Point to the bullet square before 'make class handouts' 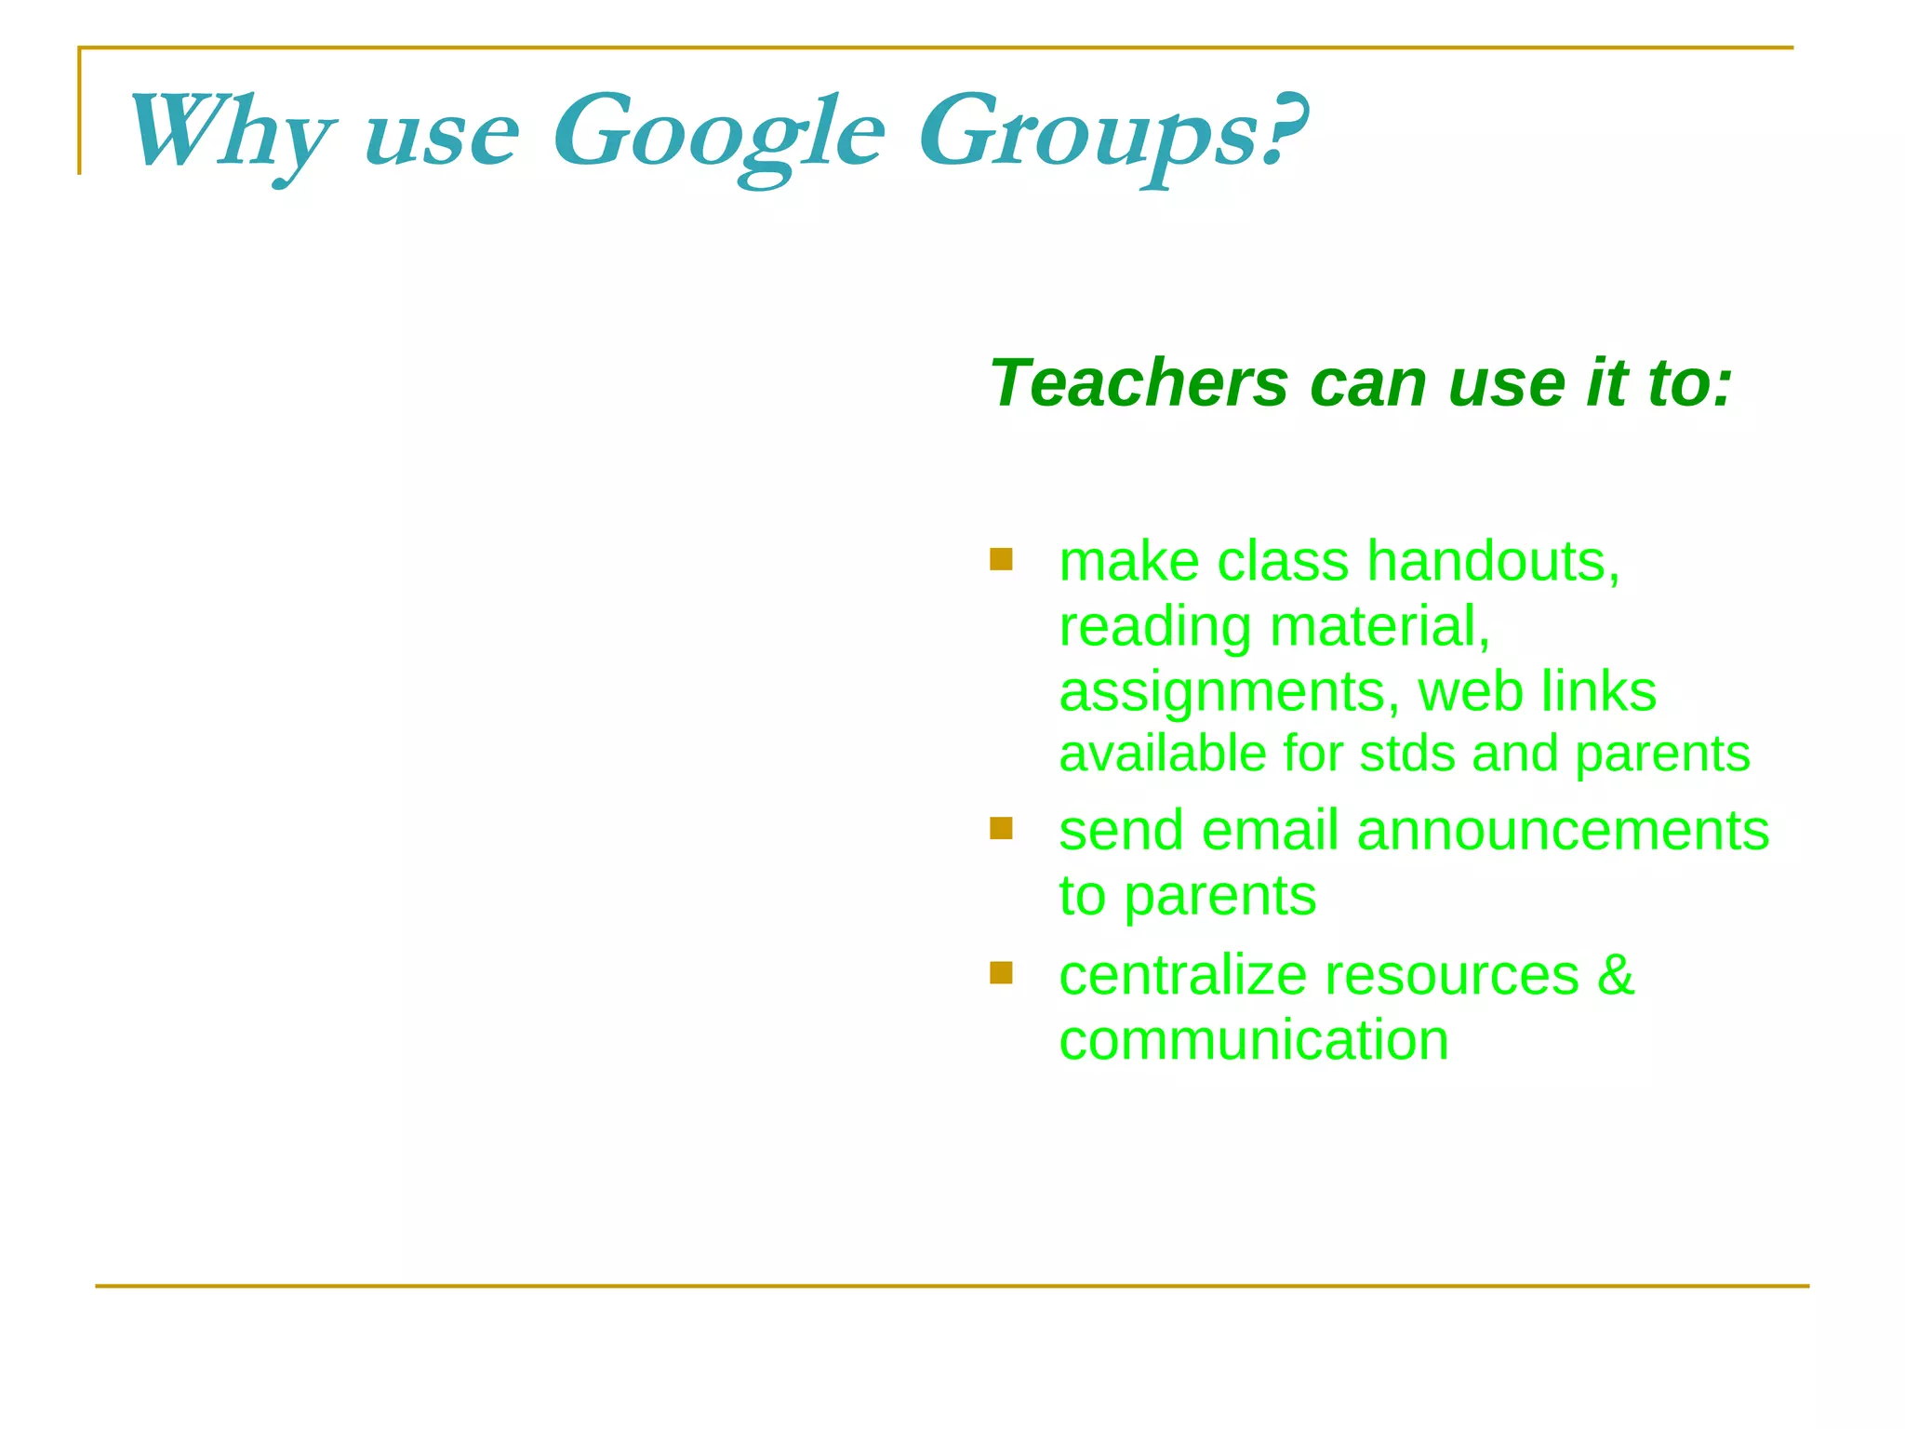[x=1001, y=559]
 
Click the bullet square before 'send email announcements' [x=1001, y=828]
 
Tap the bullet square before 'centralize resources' [x=1001, y=972]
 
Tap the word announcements [x=1563, y=830]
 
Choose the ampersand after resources [x=1616, y=975]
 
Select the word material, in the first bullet [x=1380, y=627]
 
